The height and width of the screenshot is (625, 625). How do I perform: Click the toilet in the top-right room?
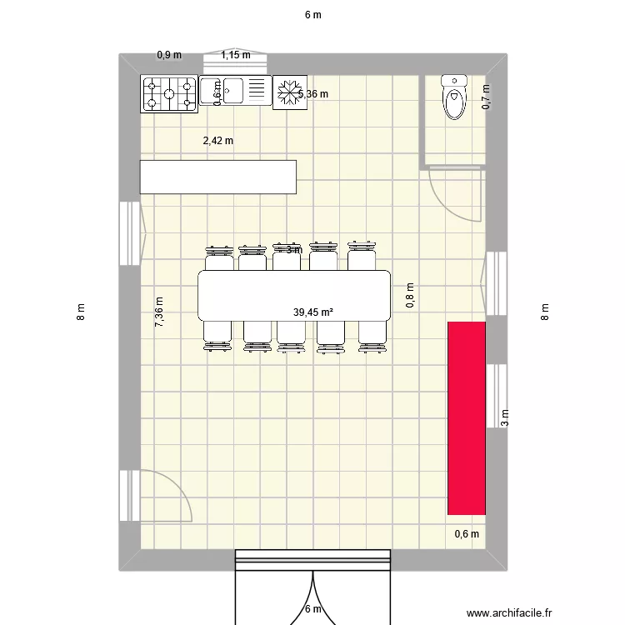pyautogui.click(x=454, y=97)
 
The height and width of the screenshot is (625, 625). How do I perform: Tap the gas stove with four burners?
pyautogui.click(x=168, y=92)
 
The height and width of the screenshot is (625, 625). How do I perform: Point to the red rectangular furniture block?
pyautogui.click(x=467, y=417)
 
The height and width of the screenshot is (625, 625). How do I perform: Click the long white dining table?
pyautogui.click(x=294, y=295)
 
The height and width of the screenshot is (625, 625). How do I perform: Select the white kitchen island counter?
pyautogui.click(x=218, y=177)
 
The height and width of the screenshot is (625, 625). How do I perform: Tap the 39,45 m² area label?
pyautogui.click(x=312, y=312)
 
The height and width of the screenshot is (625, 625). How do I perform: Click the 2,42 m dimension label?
pyautogui.click(x=218, y=141)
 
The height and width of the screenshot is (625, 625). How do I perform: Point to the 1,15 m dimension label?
pyautogui.click(x=236, y=56)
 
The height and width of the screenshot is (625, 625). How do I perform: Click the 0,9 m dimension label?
pyautogui.click(x=169, y=56)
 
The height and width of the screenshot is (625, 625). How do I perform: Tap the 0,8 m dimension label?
pyautogui.click(x=410, y=296)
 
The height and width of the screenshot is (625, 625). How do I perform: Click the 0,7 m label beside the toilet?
pyautogui.click(x=487, y=98)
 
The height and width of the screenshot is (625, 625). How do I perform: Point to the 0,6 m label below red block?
pyautogui.click(x=467, y=535)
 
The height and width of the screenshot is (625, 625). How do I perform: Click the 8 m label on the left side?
pyautogui.click(x=80, y=312)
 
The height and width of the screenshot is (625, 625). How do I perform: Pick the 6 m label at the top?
pyautogui.click(x=312, y=14)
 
